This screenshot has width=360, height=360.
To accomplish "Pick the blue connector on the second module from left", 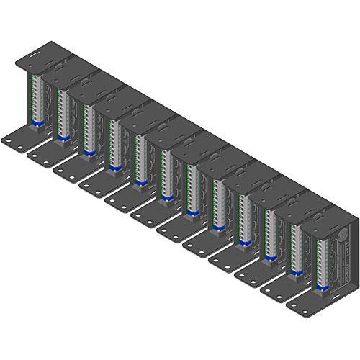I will pos(63,138).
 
